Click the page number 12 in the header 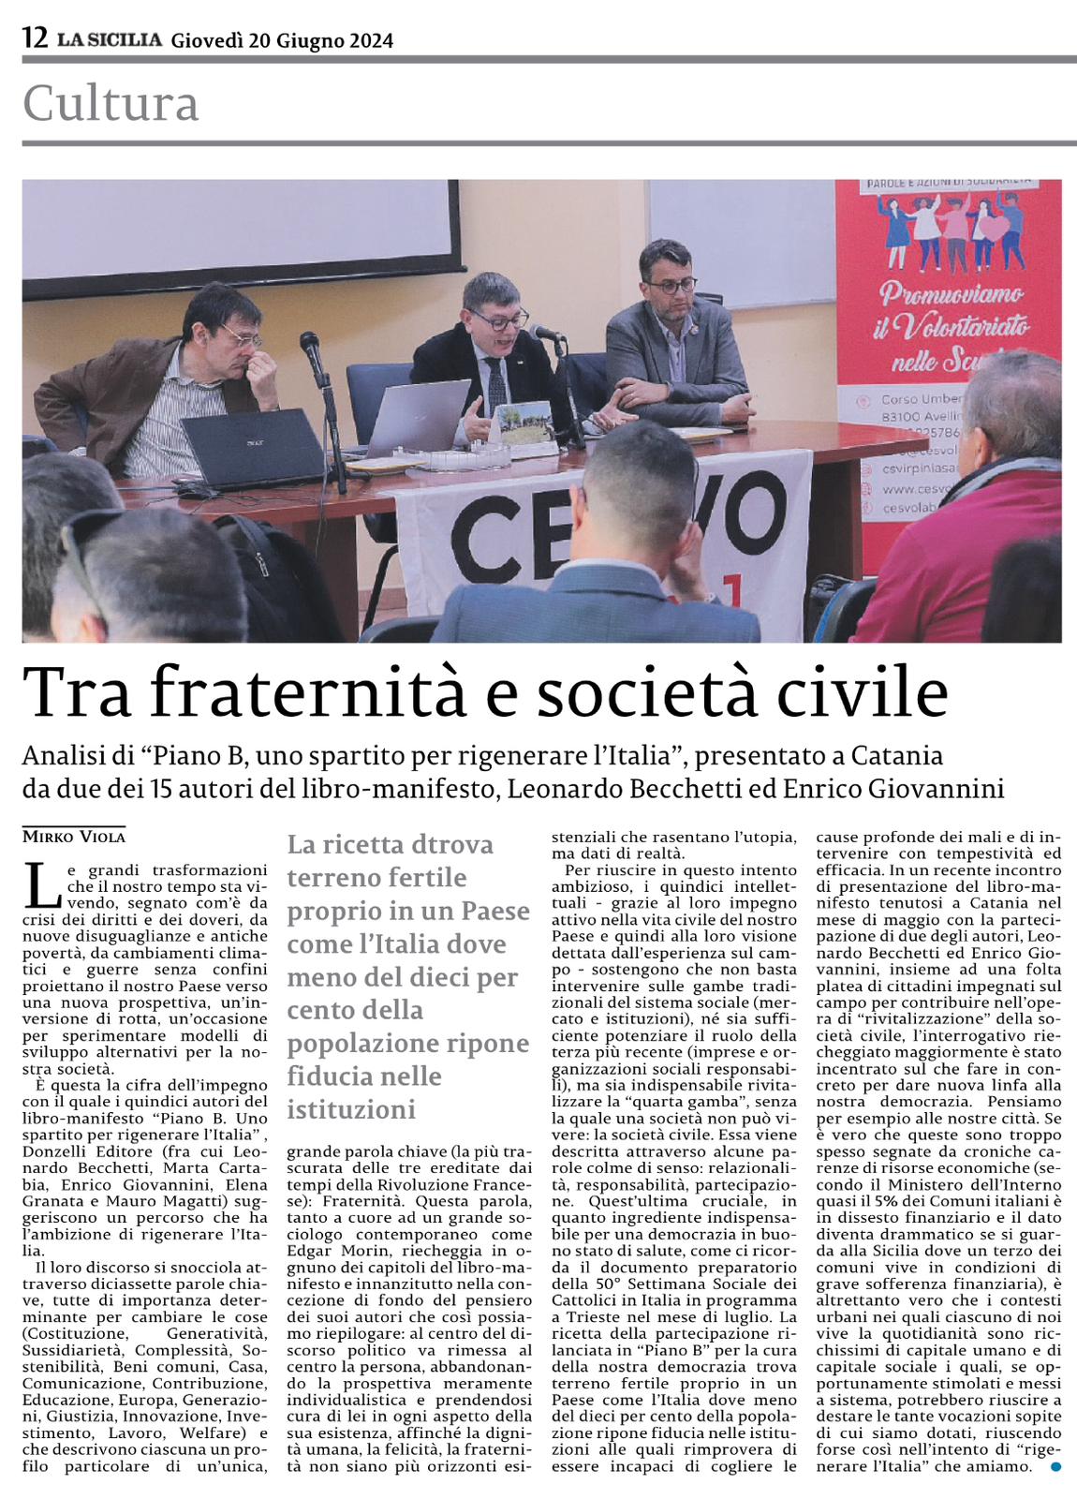coord(35,38)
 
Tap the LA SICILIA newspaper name coord(109,39)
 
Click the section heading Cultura coord(111,104)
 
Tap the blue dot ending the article coord(1056,1466)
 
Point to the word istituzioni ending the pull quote coord(350,1110)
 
